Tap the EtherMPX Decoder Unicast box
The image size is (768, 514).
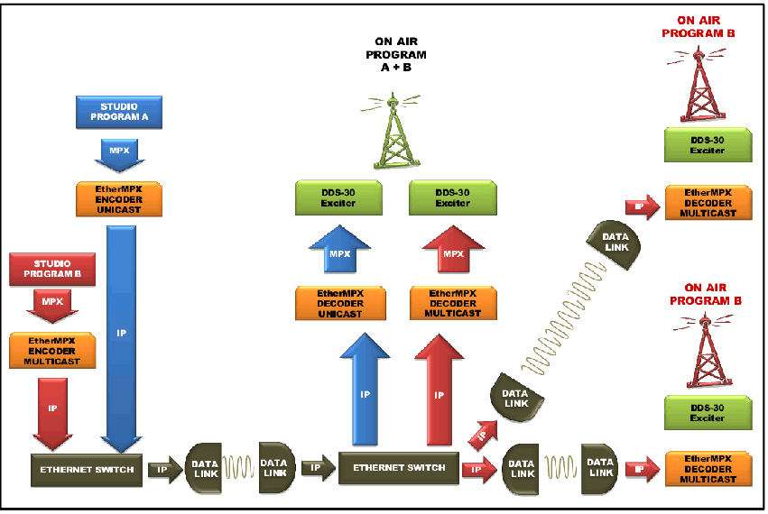point(340,303)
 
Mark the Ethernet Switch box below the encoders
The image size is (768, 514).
point(87,469)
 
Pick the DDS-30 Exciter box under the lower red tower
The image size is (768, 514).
point(708,411)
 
